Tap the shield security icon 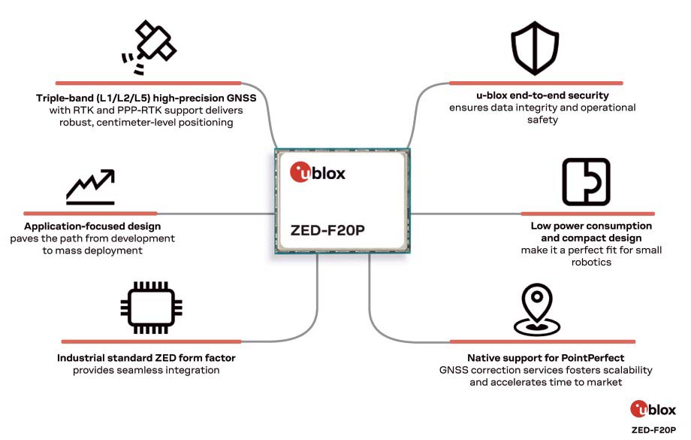pyautogui.click(x=535, y=47)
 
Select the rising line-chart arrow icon pyautogui.click(x=90, y=187)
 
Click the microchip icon pyautogui.click(x=151, y=307)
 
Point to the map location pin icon pyautogui.click(x=537, y=309)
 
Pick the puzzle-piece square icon pyautogui.click(x=586, y=181)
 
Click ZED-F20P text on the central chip pyautogui.click(x=327, y=230)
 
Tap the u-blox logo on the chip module pyautogui.click(x=317, y=172)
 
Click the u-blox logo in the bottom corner pyautogui.click(x=653, y=409)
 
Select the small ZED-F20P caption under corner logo pyautogui.click(x=653, y=430)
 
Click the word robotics pyautogui.click(x=591, y=262)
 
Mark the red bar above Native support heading pyautogui.click(x=542, y=341)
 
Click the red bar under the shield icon pyautogui.click(x=536, y=83)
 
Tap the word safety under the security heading pyautogui.click(x=542, y=120)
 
